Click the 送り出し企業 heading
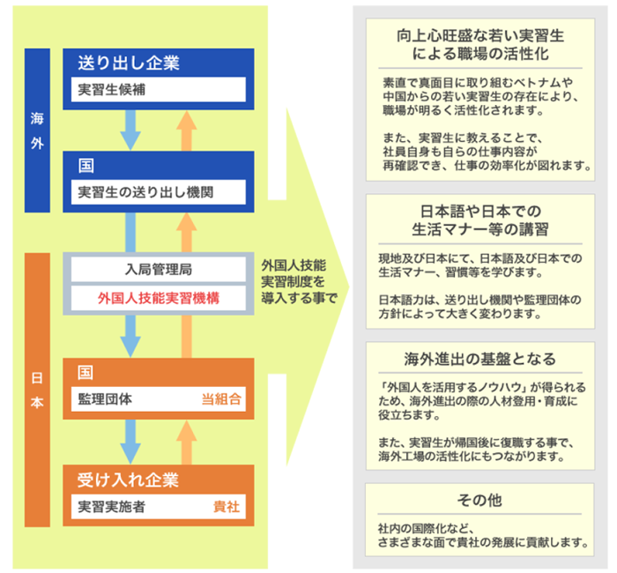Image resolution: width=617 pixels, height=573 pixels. coord(129,63)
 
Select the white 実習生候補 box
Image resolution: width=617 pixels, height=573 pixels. coord(158,90)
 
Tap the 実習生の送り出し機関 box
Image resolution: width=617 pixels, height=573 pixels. coord(158,192)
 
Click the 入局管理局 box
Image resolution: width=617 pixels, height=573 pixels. coord(158,270)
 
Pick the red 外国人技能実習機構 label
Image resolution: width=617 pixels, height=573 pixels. coord(159,298)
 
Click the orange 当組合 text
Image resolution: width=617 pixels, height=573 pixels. coord(221,399)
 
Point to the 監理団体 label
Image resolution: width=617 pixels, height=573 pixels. coord(105,399)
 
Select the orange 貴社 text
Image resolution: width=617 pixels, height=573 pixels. coord(227,507)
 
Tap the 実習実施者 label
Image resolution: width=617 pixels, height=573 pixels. coord(111,507)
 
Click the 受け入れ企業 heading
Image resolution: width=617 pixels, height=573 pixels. coord(128,480)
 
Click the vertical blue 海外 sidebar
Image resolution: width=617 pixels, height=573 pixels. coord(37,130)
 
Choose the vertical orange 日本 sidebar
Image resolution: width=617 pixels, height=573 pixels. coord(37,390)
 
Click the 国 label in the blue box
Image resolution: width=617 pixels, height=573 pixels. coord(85,166)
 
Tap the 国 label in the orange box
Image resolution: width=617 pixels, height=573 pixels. coord(85,372)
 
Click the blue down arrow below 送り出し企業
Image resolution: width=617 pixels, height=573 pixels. coord(130,130)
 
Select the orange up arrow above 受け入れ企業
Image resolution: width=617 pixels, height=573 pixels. coord(187,443)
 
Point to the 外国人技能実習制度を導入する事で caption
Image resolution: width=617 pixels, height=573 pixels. coord(299,282)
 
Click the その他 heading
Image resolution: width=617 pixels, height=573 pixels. coord(479,500)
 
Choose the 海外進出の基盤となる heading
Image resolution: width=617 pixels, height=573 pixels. coord(479,359)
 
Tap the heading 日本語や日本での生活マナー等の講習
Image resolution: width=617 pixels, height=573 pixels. coord(480,220)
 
